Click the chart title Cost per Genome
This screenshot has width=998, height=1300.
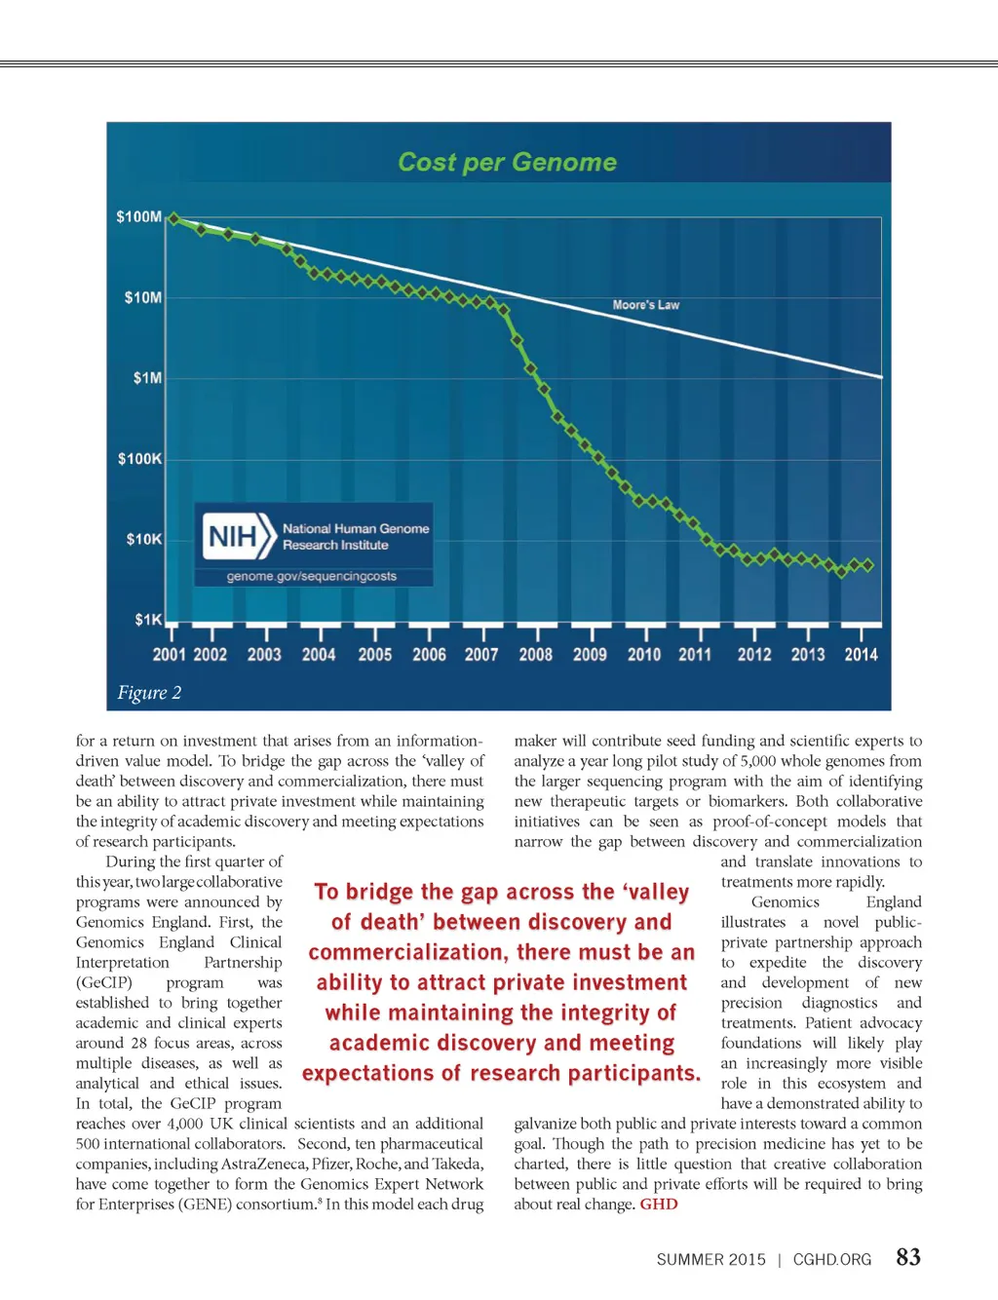(507, 162)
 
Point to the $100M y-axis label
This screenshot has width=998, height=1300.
(139, 216)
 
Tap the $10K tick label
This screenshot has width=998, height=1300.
(144, 539)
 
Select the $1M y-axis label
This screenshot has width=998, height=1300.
(147, 378)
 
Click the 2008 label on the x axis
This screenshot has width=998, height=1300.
(535, 655)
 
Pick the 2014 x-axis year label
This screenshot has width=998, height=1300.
(861, 655)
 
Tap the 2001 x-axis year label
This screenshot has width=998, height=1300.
(169, 655)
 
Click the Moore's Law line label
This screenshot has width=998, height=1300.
(645, 305)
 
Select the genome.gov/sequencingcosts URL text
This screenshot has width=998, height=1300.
(312, 576)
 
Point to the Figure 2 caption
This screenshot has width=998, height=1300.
(149, 693)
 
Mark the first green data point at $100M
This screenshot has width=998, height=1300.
(173, 218)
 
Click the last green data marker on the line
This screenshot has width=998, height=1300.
(867, 565)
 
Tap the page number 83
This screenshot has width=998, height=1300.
(908, 1257)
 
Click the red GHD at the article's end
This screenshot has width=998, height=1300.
(659, 1204)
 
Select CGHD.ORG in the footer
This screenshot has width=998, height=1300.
(832, 1259)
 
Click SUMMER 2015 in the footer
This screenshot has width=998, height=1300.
(711, 1259)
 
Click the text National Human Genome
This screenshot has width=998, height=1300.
(356, 528)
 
